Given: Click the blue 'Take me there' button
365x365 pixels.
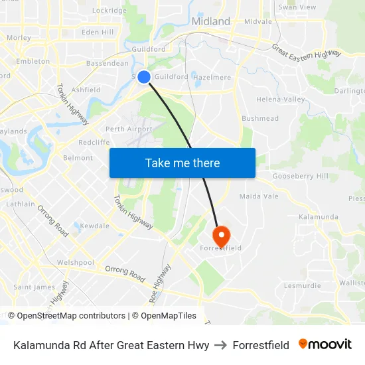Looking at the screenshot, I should pyautogui.click(x=183, y=163).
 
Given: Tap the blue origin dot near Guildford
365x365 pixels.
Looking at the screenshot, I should pyautogui.click(x=143, y=77).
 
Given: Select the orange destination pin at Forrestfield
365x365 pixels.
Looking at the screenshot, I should pyautogui.click(x=220, y=235).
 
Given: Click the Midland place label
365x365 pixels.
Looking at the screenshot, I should pyautogui.click(x=210, y=21).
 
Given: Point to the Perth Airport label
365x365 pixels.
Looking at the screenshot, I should pyautogui.click(x=129, y=129).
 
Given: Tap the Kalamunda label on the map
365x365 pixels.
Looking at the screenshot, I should pyautogui.click(x=318, y=217).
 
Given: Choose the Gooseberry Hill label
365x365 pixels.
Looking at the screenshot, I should pyautogui.click(x=300, y=177).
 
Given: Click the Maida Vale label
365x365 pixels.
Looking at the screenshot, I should pyautogui.click(x=258, y=196).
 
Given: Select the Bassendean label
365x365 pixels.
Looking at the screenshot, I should pyautogui.click(x=108, y=64).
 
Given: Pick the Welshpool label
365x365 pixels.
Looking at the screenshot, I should pyautogui.click(x=75, y=262).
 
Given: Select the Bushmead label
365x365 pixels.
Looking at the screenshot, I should pyautogui.click(x=260, y=118).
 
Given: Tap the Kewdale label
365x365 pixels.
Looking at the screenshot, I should pyautogui.click(x=94, y=226).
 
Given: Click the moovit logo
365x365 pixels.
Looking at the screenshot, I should pyautogui.click(x=325, y=344).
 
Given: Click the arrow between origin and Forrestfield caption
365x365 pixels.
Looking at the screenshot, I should pyautogui.click(x=221, y=345).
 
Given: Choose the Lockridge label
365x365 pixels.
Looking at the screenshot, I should pyautogui.click(x=110, y=11).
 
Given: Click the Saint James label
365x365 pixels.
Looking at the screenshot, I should pyautogui.click(x=35, y=287).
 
